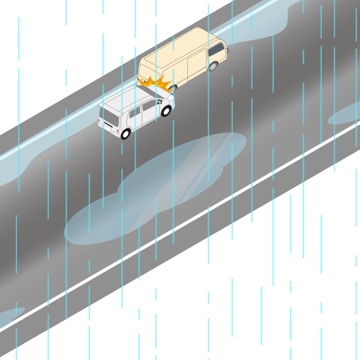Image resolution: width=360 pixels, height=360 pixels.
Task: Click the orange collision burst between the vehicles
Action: click(x=156, y=83)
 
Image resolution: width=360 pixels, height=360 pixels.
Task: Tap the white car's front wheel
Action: click(x=166, y=111)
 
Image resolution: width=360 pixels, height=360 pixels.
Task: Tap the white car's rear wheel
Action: click(x=125, y=134)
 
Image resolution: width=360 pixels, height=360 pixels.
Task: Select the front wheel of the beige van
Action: click(x=213, y=66)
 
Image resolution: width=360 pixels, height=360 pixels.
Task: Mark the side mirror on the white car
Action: click(x=159, y=102)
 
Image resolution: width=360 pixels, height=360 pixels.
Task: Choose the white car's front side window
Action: click(x=149, y=107)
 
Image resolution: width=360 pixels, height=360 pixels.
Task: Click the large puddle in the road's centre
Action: click(x=157, y=184)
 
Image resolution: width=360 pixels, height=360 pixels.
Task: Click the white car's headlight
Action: click(x=171, y=98)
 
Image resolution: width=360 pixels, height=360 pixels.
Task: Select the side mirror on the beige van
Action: click(x=173, y=86)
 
